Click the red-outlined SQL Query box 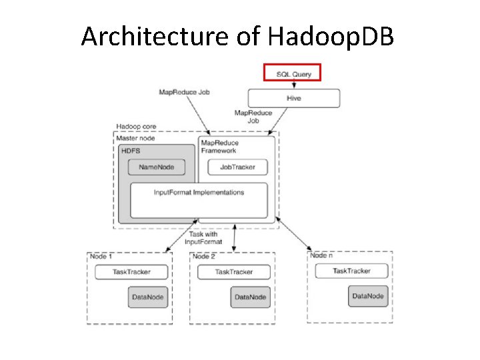click(293, 72)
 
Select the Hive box click(293, 98)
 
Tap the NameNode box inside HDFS click(157, 167)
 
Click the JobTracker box click(237, 167)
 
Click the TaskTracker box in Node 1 click(131, 272)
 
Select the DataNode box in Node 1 click(147, 297)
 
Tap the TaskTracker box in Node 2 click(234, 272)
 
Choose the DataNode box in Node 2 click(250, 297)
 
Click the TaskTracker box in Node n click(351, 271)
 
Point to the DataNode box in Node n click(368, 295)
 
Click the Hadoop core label click(132, 127)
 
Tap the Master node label click(135, 138)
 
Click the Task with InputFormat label click(201, 238)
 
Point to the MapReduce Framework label click(219, 147)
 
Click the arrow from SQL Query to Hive click(293, 85)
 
